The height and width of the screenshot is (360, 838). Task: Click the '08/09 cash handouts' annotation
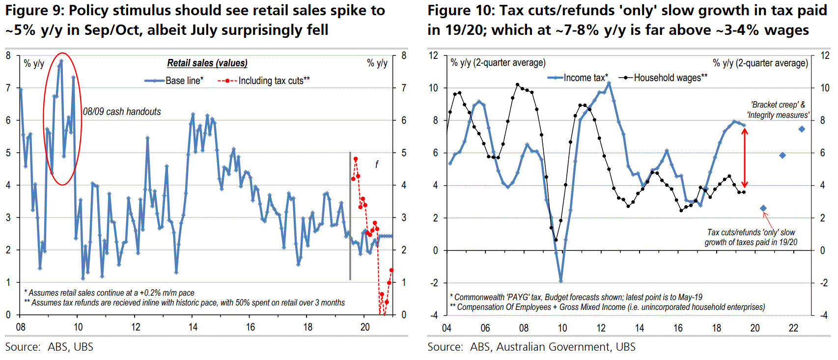point(122,112)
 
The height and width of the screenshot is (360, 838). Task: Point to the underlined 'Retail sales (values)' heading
point(207,63)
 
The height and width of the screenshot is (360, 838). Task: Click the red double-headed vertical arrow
point(745,158)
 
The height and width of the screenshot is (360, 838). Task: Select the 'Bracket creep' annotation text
point(779,110)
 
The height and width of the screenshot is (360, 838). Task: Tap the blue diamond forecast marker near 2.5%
point(763,208)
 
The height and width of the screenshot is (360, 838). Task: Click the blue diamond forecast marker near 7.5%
point(802,129)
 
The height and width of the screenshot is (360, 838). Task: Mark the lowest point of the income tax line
point(561,281)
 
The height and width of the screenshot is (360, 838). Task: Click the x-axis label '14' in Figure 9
point(193,327)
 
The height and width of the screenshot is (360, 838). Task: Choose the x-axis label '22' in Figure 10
point(794,328)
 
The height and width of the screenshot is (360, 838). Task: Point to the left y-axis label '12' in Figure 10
point(433,55)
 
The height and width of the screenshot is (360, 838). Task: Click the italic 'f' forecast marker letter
point(377,165)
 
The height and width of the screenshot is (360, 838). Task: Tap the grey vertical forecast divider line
point(350,216)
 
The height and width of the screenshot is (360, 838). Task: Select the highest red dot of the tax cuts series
point(356,159)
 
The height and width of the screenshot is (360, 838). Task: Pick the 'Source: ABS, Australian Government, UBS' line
point(531,347)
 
